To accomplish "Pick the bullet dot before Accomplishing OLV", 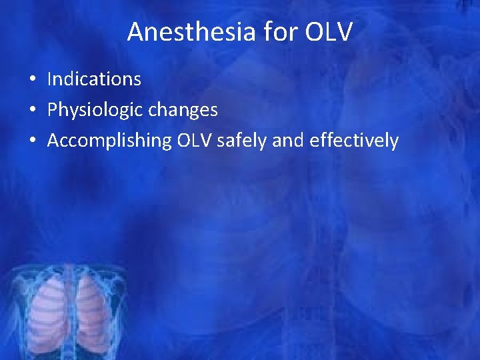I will click(x=32, y=141).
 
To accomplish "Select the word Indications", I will click(x=94, y=79).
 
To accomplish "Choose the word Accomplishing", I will click(x=101, y=141).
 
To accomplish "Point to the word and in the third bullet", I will click(x=273, y=141).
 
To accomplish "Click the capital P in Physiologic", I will click(x=52, y=110).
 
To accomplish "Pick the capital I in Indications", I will click(x=50, y=79).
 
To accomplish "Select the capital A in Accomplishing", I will click(x=53, y=141).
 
